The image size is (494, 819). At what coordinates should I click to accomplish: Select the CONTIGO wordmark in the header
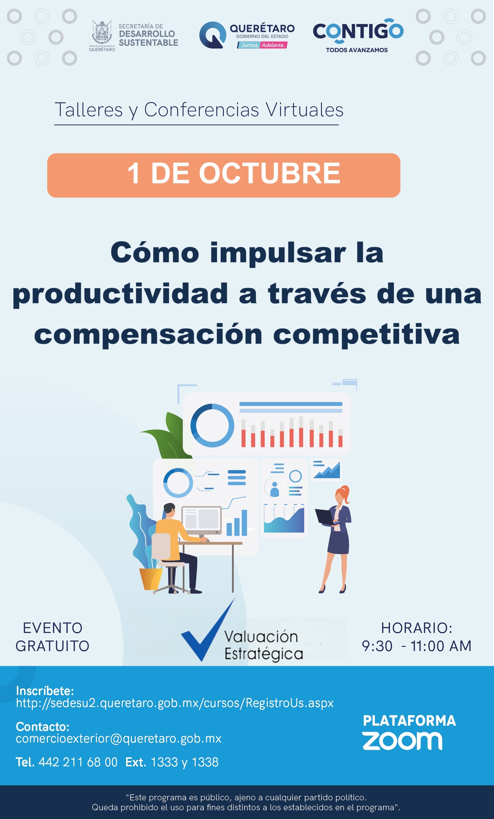click(x=358, y=31)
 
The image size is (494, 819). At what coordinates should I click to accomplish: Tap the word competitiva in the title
click(x=366, y=335)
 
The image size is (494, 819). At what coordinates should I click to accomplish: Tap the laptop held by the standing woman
click(x=327, y=517)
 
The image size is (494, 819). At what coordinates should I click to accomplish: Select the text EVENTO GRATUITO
click(x=52, y=637)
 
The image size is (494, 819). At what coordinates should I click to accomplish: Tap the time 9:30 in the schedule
click(x=377, y=646)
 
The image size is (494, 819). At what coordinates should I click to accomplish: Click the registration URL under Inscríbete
click(x=175, y=703)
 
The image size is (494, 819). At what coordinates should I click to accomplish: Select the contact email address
click(x=119, y=739)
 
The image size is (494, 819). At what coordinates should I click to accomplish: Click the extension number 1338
click(x=205, y=762)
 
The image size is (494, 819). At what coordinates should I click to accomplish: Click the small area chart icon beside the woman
click(x=326, y=470)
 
